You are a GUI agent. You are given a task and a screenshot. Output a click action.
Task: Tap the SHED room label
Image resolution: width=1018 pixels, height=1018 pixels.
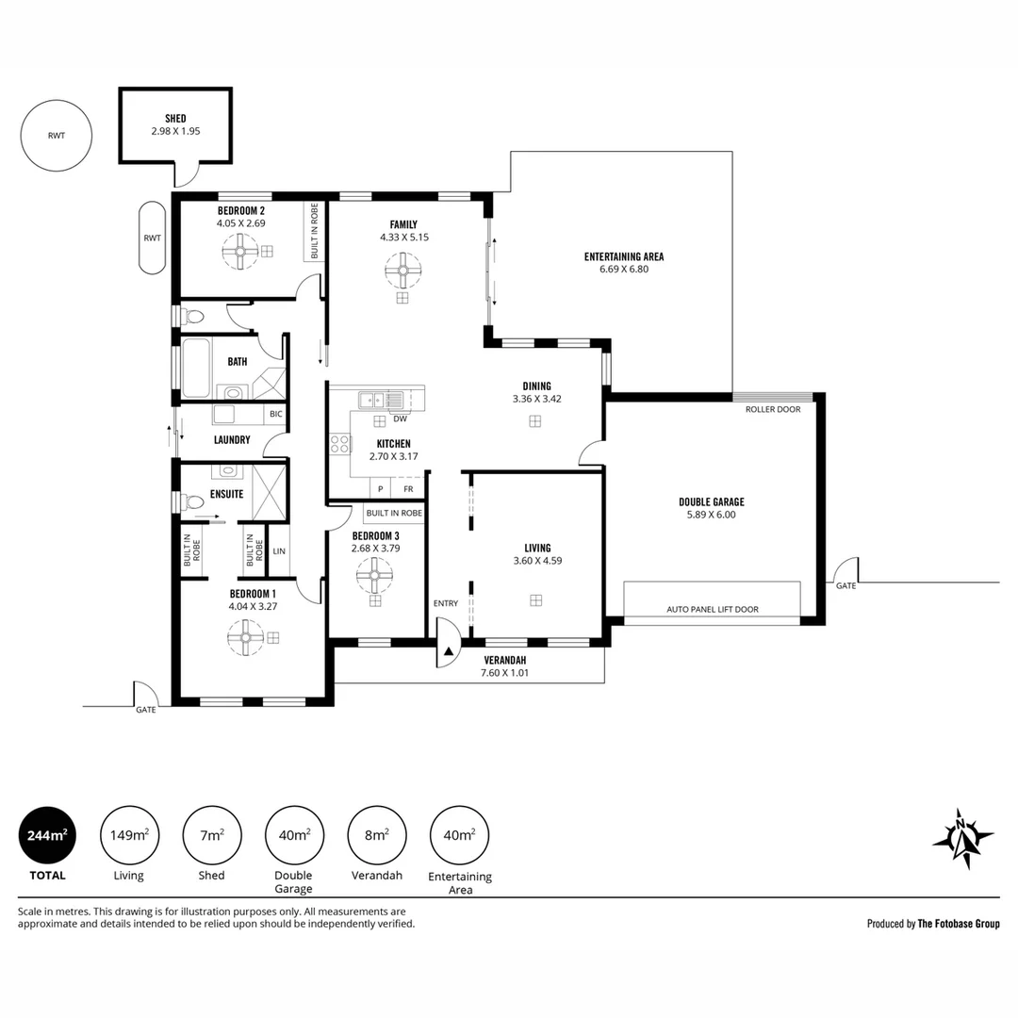pyautogui.click(x=175, y=118)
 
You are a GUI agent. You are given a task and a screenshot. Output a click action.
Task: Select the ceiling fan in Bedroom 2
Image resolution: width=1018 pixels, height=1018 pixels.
pyautogui.click(x=240, y=251)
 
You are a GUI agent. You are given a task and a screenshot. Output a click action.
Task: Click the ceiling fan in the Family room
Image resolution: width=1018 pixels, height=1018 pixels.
pyautogui.click(x=402, y=271)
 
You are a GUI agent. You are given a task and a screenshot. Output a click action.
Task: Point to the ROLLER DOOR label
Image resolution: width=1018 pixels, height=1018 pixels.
pyautogui.click(x=773, y=409)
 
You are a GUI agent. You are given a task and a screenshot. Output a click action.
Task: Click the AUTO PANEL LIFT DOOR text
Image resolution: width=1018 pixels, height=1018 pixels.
pyautogui.click(x=713, y=609)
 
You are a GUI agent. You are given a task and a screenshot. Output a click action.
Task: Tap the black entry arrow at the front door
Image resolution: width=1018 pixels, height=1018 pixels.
pyautogui.click(x=448, y=650)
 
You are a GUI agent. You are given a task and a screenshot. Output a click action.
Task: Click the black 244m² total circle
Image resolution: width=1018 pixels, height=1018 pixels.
pyautogui.click(x=47, y=835)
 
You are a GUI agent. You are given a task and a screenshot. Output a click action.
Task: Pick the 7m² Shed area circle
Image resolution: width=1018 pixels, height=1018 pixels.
pyautogui.click(x=212, y=835)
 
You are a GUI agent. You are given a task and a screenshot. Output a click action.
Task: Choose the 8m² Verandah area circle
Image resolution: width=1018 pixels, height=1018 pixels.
pyautogui.click(x=376, y=835)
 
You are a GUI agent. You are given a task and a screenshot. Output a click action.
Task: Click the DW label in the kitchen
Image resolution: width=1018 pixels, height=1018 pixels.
pyautogui.click(x=400, y=419)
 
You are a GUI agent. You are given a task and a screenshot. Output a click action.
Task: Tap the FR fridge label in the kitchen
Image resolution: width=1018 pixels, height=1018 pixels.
pyautogui.click(x=408, y=489)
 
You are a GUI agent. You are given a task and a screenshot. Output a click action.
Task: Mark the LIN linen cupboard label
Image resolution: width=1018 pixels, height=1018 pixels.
pyautogui.click(x=279, y=551)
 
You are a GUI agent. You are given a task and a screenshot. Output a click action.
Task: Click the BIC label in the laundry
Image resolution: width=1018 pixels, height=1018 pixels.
pyautogui.click(x=276, y=414)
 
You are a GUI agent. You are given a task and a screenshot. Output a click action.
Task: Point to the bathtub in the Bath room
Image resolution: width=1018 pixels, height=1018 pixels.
pyautogui.click(x=195, y=368)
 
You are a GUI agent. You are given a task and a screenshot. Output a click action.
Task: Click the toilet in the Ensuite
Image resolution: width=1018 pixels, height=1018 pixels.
pyautogui.click(x=192, y=501)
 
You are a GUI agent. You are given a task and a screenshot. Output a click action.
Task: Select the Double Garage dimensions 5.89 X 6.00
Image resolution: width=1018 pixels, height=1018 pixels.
pyautogui.click(x=712, y=515)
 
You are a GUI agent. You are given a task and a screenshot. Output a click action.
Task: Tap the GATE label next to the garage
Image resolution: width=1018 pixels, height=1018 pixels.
pyautogui.click(x=846, y=585)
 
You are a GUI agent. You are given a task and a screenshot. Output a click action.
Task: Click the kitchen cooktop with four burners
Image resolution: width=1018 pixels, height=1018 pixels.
pyautogui.click(x=339, y=444)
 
